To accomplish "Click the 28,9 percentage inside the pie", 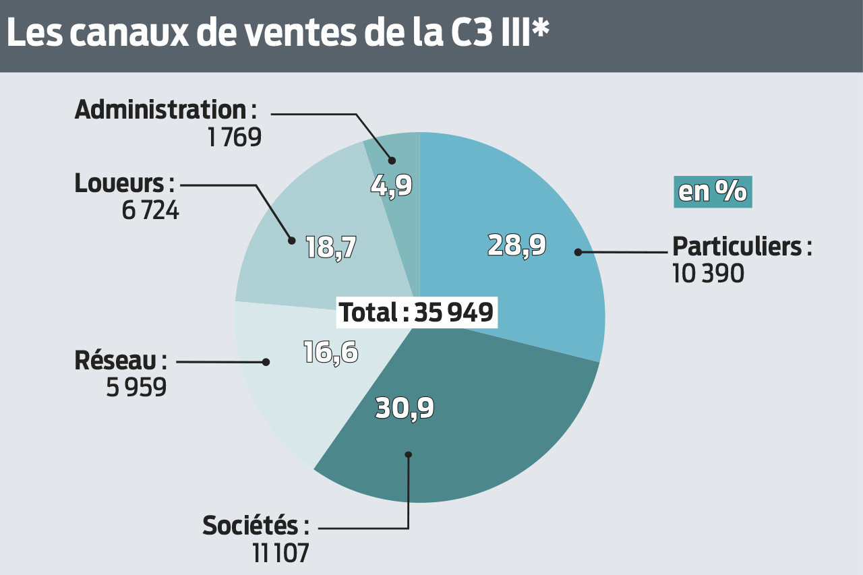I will (516, 246).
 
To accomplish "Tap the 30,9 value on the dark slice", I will (405, 408).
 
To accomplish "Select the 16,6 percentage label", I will (330, 353).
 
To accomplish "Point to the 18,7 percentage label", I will (330, 247).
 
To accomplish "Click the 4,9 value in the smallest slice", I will (391, 185).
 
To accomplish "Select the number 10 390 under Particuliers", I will (708, 274).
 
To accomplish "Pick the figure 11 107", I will (280, 553).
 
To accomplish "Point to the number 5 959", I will (136, 388).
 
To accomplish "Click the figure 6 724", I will (150, 210).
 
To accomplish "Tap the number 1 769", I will (234, 138).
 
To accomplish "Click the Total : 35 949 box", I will (416, 313).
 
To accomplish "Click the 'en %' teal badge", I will (713, 192).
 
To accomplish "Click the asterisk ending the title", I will (540, 28).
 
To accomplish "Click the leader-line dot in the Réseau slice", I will (266, 362).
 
